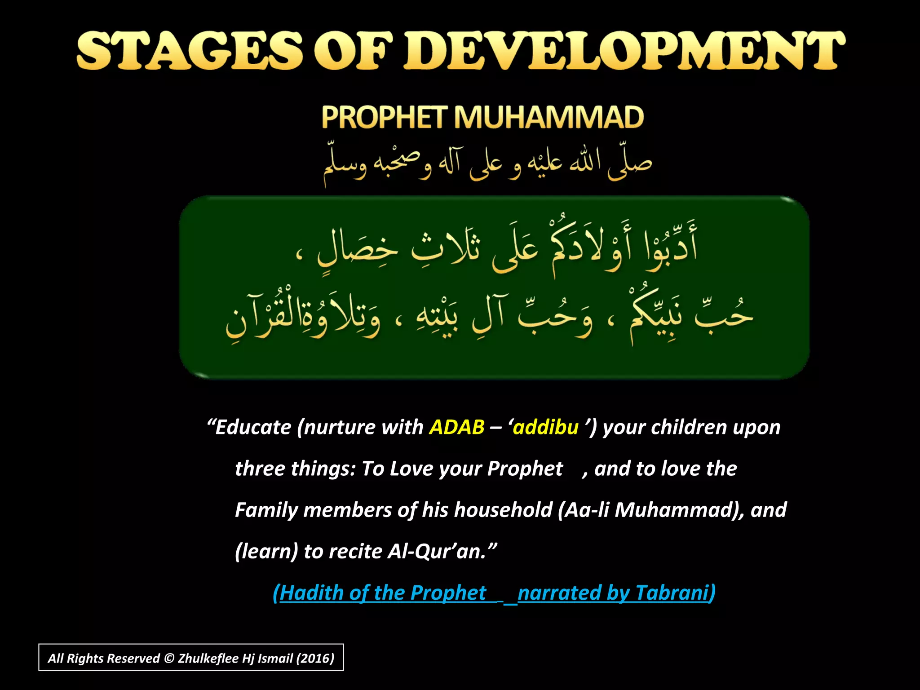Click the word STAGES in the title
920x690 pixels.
[189, 50]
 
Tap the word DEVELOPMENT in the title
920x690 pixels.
[624, 50]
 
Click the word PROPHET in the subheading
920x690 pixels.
[385, 118]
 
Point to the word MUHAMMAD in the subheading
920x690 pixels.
[548, 118]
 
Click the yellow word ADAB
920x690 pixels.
[456, 427]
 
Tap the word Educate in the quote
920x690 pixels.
[253, 427]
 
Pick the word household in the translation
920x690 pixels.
[503, 510]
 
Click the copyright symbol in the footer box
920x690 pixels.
[169, 659]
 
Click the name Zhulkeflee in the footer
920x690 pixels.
[208, 659]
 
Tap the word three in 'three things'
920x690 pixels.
[260, 469]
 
